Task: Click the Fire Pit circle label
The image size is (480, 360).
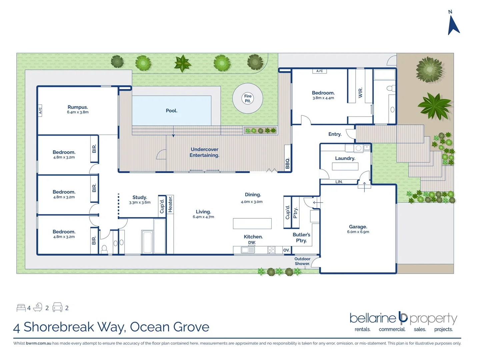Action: [x=248, y=98]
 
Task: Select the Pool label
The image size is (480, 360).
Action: [x=172, y=111]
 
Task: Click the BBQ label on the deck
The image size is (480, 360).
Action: [x=288, y=163]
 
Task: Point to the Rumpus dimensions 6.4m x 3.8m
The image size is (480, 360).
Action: [x=78, y=112]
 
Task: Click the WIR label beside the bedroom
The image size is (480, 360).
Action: [x=360, y=93]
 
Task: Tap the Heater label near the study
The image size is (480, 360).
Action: [x=170, y=204]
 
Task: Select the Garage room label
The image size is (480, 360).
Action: [x=358, y=227]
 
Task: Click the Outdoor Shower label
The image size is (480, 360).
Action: [x=302, y=261]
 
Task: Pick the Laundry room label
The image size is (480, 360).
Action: [x=345, y=158]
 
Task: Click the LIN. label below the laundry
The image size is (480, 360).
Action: [x=339, y=182]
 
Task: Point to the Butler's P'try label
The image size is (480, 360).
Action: [x=301, y=238]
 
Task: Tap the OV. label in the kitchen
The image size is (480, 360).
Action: [x=286, y=250]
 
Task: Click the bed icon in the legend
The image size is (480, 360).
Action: [x=21, y=308]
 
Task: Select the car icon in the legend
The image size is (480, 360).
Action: [x=57, y=307]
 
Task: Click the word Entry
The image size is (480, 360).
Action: [x=335, y=134]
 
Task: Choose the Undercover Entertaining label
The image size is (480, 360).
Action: [x=204, y=152]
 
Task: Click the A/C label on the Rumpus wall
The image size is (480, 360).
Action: [x=40, y=110]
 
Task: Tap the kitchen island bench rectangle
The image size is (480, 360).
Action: [x=252, y=223]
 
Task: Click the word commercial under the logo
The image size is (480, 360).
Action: [x=392, y=329]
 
